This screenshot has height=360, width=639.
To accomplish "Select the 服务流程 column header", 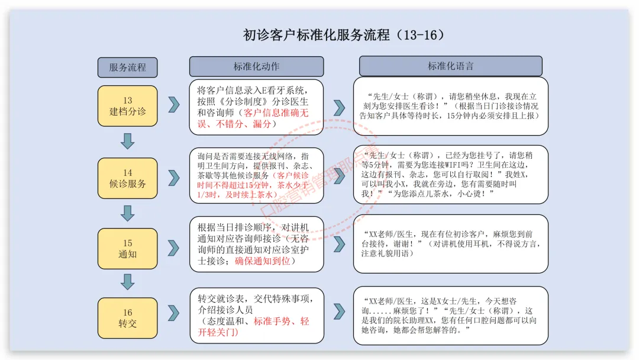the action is click(x=127, y=67).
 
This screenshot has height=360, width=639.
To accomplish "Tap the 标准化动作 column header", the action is click(x=256, y=66).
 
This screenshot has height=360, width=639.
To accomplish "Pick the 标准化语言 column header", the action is click(x=450, y=66).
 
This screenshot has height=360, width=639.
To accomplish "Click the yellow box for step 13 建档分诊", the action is click(x=127, y=106).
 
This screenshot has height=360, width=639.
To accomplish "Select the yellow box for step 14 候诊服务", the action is click(x=127, y=178).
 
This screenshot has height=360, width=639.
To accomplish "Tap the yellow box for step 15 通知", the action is click(x=127, y=249).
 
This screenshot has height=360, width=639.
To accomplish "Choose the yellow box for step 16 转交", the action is click(x=127, y=318).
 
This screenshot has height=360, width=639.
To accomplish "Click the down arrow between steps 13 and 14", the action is click(x=127, y=141).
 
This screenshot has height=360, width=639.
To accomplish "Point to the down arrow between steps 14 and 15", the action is click(x=127, y=213).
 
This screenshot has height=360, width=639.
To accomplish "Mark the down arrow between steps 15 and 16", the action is click(x=127, y=282).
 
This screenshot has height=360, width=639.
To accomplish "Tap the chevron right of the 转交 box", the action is click(x=173, y=313).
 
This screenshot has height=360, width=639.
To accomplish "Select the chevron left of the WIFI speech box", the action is click(x=339, y=176).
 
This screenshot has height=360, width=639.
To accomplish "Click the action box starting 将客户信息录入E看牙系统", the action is click(x=256, y=107).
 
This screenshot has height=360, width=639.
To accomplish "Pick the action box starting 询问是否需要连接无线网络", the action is click(x=256, y=176).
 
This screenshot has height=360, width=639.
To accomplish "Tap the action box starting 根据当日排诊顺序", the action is click(x=256, y=244).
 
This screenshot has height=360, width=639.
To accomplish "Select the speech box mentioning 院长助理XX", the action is click(x=450, y=316).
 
